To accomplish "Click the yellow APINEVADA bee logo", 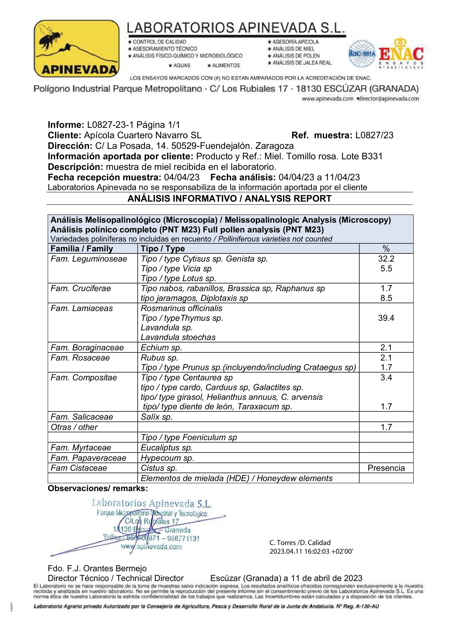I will point(76,48).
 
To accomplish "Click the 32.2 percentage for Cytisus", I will point(386,259).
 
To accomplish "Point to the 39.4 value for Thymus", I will point(386,318).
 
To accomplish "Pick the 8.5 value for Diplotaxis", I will point(386,298).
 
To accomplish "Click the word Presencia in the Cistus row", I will point(386,468).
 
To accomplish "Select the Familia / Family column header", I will point(81,249).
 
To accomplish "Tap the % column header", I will point(386,249).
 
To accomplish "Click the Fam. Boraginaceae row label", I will point(87,347).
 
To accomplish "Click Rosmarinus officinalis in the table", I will point(181,308).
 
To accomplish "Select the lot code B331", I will point(372,156).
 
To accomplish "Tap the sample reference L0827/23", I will point(374,135).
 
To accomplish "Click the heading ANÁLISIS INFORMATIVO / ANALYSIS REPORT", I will point(229,198).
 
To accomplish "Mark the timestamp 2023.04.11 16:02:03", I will point(311,551).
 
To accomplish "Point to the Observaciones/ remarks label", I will point(97,489).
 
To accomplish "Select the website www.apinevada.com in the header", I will point(327,99).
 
